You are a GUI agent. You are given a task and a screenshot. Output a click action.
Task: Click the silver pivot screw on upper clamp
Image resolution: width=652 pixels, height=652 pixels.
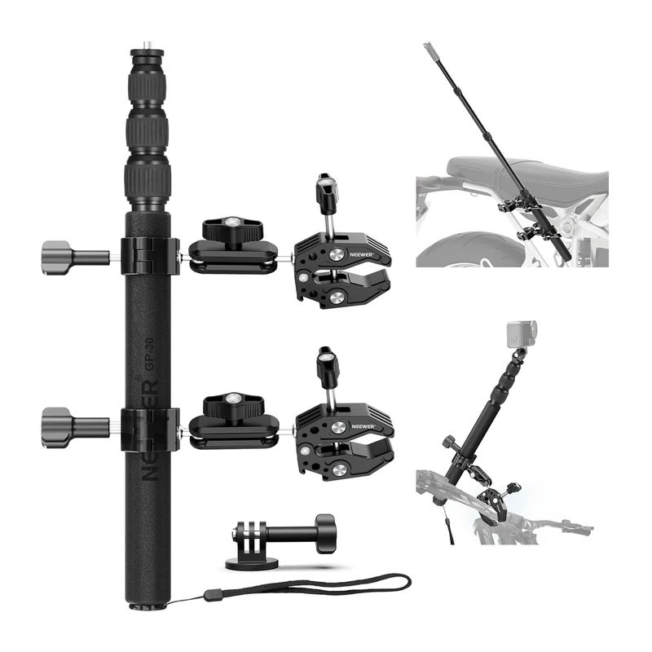[334, 297]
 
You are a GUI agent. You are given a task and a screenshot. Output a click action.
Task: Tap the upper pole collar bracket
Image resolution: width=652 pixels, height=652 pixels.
[150, 254]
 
